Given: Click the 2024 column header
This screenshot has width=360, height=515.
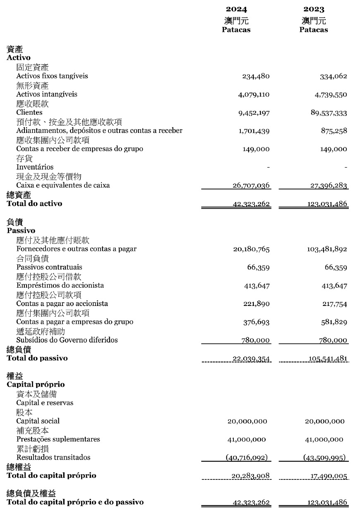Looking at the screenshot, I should point(236,9).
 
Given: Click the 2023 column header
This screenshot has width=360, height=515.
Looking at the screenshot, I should point(314,9).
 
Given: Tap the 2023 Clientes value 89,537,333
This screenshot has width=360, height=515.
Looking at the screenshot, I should point(329,113).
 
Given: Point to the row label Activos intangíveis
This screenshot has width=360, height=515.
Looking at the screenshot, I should point(47,94).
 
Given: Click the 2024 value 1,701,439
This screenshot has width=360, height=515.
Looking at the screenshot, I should point(254,131).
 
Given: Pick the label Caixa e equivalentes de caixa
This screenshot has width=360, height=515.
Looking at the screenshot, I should point(63,185).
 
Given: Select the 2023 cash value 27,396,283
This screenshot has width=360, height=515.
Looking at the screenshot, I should point(329,185).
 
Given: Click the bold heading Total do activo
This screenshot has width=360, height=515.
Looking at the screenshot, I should point(34,203).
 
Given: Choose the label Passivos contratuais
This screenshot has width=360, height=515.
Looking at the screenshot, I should point(49,267).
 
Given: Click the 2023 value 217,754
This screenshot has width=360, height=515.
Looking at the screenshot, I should point(334,304).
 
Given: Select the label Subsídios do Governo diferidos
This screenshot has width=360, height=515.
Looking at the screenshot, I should point(67,340).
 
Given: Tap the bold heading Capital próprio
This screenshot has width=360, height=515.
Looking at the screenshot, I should point(36,385).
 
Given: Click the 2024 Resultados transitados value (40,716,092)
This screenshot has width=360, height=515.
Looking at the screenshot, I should point(247,457).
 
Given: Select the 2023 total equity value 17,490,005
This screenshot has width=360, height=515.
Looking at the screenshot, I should point(329,476).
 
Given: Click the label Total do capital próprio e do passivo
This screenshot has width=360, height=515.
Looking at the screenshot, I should point(75,502).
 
